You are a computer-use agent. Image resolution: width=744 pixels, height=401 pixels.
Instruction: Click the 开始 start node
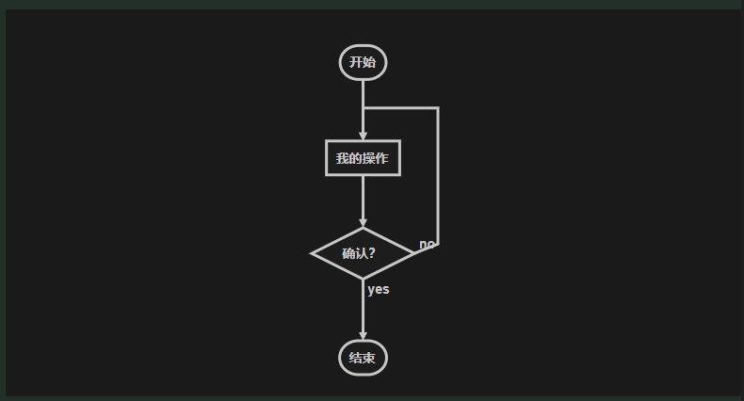click(x=363, y=63)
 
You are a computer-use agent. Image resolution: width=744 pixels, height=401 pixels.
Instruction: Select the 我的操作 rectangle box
click(x=363, y=158)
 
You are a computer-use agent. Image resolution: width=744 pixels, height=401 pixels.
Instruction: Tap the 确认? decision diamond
click(x=363, y=253)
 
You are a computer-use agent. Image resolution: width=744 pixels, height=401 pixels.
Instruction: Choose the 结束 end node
click(x=363, y=358)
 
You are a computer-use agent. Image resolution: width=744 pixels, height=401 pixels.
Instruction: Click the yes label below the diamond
click(x=379, y=289)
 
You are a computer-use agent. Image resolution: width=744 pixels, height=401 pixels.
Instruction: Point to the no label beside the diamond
click(x=427, y=245)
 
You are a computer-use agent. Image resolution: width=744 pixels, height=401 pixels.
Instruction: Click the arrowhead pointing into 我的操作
click(x=363, y=136)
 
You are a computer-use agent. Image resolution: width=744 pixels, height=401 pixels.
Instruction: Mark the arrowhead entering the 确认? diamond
click(x=363, y=223)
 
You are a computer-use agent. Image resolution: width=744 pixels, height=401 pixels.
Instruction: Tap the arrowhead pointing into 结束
click(x=363, y=336)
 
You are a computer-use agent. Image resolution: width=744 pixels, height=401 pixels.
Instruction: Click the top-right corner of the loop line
click(x=438, y=108)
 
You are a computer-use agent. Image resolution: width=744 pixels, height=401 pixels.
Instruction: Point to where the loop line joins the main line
click(x=363, y=108)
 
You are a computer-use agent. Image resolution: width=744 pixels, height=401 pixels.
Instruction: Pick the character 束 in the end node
click(x=369, y=358)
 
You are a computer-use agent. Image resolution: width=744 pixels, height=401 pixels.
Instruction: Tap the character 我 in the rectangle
click(x=343, y=158)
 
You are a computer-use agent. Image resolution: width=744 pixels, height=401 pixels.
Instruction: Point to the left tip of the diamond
click(x=313, y=253)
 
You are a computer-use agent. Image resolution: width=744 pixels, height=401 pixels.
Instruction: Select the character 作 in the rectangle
click(x=382, y=158)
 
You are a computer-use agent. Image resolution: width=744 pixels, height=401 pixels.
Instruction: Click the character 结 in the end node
click(x=356, y=358)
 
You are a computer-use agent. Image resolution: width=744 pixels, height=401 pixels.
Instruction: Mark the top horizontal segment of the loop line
click(x=400, y=108)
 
